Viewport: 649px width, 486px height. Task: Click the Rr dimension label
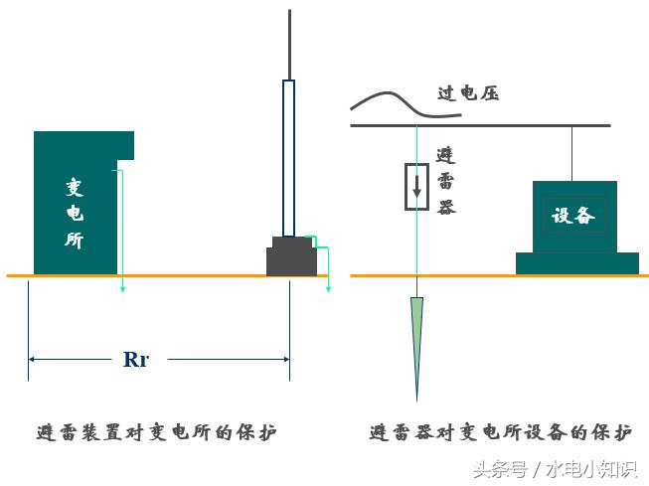pyautogui.click(x=136, y=360)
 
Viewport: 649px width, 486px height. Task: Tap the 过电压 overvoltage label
pyautogui.click(x=468, y=94)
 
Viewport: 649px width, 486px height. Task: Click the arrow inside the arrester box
pyautogui.click(x=417, y=185)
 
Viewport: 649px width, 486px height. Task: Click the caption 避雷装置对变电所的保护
pyautogui.click(x=155, y=433)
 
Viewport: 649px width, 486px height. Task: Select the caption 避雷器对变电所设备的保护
pyautogui.click(x=500, y=433)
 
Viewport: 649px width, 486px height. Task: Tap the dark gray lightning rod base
pyautogui.click(x=291, y=257)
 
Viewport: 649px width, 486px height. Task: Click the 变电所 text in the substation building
pyautogui.click(x=74, y=213)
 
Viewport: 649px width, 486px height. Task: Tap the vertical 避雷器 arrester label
pyautogui.click(x=446, y=181)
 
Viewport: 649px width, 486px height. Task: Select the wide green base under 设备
pyautogui.click(x=576, y=263)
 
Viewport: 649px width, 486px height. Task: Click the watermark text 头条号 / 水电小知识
pyautogui.click(x=556, y=468)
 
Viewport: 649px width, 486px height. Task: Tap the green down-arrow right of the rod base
pyautogui.click(x=327, y=268)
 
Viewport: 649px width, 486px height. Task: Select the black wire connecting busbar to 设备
pyautogui.click(x=571, y=154)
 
